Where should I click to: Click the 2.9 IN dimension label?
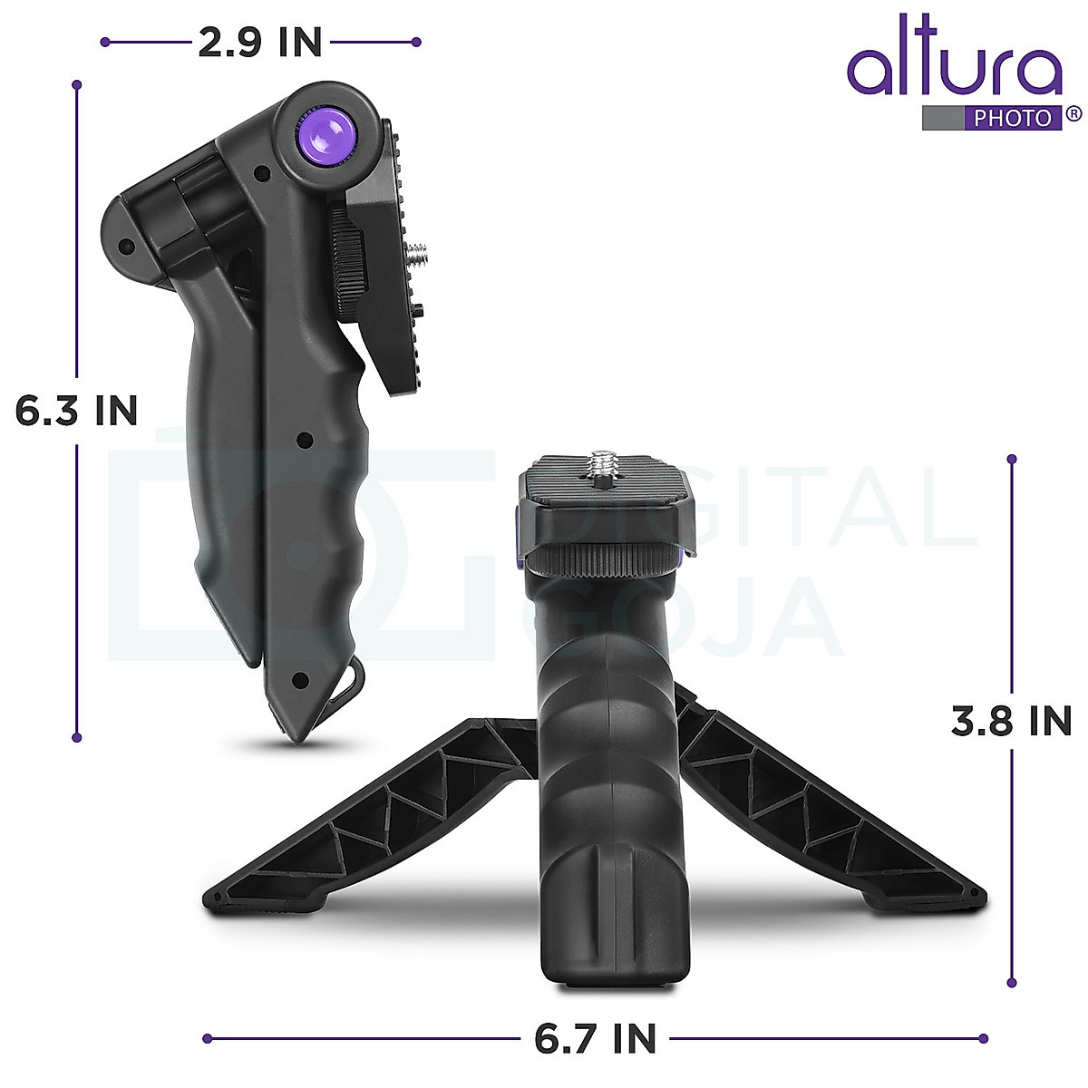pyautogui.click(x=259, y=43)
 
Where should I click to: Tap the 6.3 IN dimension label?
pyautogui.click(x=77, y=411)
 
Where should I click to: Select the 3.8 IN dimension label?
pyautogui.click(x=1011, y=721)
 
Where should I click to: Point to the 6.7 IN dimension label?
pyautogui.click(x=595, y=1038)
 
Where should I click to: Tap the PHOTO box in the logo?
pyautogui.click(x=1013, y=119)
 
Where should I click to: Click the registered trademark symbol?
pyautogui.click(x=1073, y=114)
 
